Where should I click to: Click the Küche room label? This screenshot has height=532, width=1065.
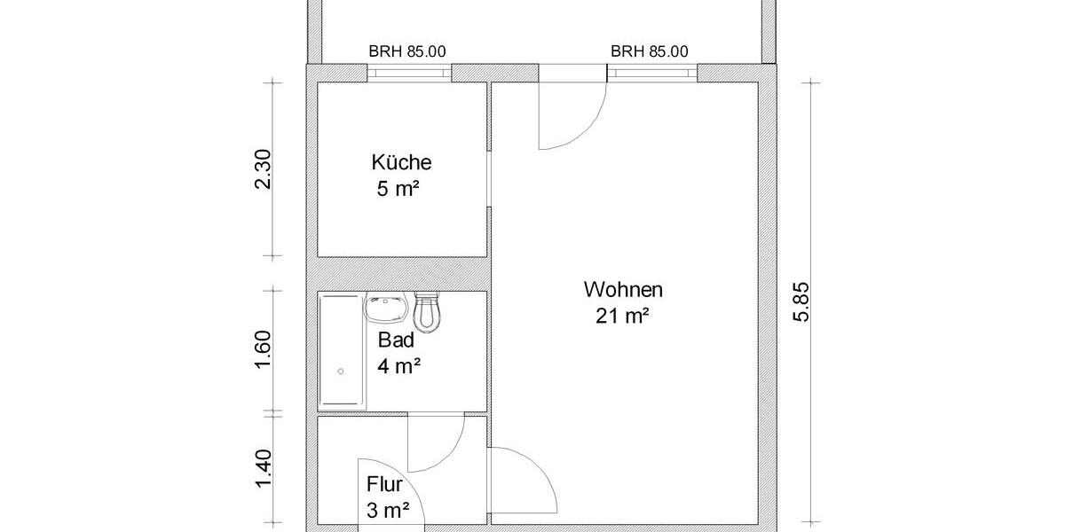pyautogui.click(x=401, y=163)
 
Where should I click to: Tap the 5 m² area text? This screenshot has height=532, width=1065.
pyautogui.click(x=398, y=190)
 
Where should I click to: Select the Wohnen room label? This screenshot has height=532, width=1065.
pyautogui.click(x=623, y=289)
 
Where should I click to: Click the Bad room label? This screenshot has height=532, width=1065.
pyautogui.click(x=397, y=340)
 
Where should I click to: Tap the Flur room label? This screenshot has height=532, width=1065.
pyautogui.click(x=385, y=485)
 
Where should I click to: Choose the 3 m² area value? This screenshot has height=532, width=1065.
pyautogui.click(x=388, y=510)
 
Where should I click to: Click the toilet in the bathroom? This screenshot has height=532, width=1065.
pyautogui.click(x=428, y=312)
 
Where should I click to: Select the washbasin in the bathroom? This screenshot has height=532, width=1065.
pyautogui.click(x=385, y=309)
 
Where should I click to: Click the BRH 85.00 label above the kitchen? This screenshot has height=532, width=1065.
pyautogui.click(x=407, y=52)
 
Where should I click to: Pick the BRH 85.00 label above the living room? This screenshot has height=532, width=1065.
pyautogui.click(x=649, y=52)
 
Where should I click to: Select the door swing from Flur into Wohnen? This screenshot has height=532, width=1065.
pyautogui.click(x=524, y=479)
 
